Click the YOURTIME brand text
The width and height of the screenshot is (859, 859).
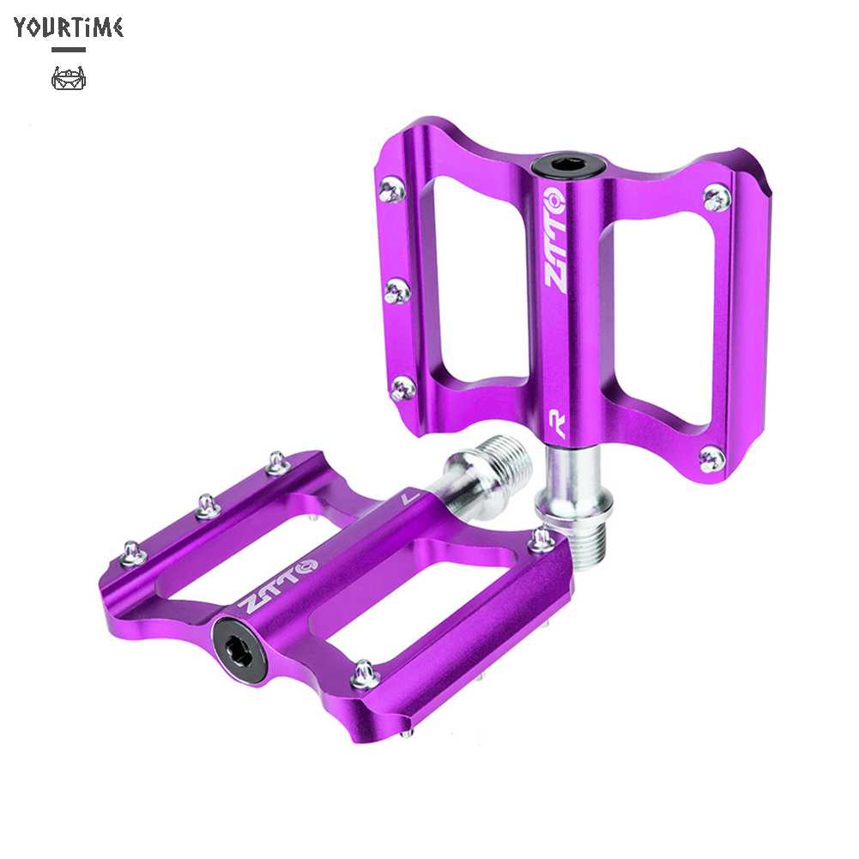pyautogui.click(x=69, y=27)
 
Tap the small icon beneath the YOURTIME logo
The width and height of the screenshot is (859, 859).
pyautogui.click(x=69, y=78)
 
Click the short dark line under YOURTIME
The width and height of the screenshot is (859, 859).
pyautogui.click(x=69, y=50)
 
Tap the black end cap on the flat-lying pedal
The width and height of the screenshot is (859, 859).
pyautogui.click(x=240, y=644)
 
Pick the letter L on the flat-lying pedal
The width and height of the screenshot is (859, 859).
pyautogui.click(x=408, y=499)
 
